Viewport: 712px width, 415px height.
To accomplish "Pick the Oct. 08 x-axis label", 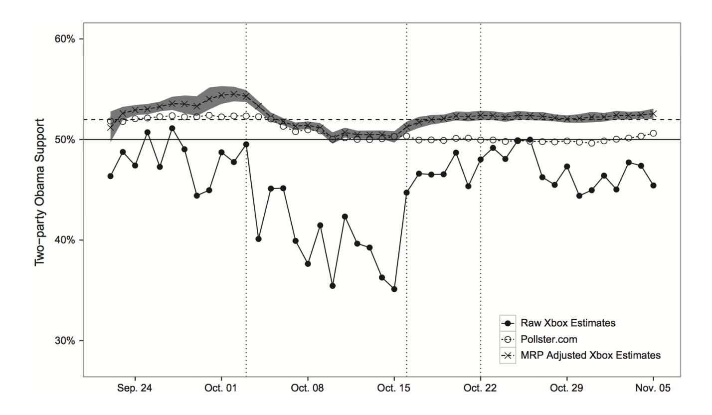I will pos(308,388).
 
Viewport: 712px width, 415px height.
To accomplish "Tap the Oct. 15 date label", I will pos(394,388).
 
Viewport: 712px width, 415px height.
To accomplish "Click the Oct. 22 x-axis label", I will pos(481,388).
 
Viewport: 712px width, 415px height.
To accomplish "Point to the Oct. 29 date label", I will pos(567,388).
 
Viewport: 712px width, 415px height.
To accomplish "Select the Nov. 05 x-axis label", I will pos(653,388).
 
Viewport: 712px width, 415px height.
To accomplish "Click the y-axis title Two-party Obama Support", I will pos(39,192).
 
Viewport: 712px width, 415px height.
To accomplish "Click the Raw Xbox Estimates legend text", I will pos(568,323).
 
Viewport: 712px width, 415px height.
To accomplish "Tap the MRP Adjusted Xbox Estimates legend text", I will pos(590,355).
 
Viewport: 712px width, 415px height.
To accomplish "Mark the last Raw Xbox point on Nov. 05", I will pos(653,186).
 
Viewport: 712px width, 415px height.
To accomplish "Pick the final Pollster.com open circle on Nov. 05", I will pos(653,133).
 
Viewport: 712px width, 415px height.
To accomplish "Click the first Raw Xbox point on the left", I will pos(110,176).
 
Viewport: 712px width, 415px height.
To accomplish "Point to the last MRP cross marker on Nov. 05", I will pos(653,114).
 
